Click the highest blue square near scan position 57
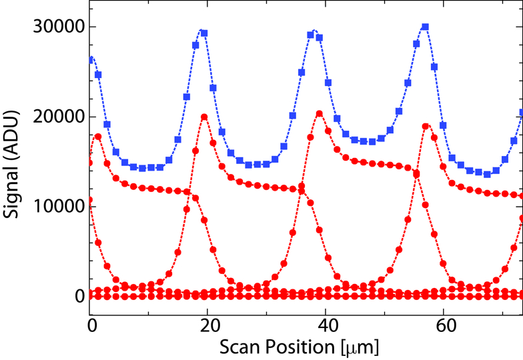425,27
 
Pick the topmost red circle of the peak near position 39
320,113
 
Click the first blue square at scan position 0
91,60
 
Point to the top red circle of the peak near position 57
426,126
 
